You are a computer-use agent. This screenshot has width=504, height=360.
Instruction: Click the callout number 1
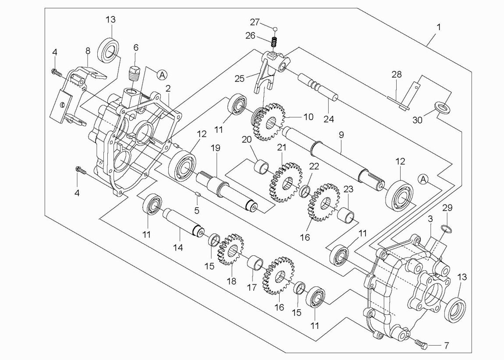(x=438, y=27)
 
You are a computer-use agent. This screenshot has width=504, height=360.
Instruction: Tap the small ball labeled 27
(x=275, y=29)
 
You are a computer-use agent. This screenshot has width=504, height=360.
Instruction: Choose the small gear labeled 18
(x=231, y=250)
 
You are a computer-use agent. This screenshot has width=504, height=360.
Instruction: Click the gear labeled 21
(x=284, y=182)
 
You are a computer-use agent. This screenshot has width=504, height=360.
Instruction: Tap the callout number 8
(x=88, y=51)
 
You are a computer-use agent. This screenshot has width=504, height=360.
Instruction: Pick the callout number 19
(x=215, y=149)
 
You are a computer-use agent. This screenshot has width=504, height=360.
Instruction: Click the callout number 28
(x=396, y=75)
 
